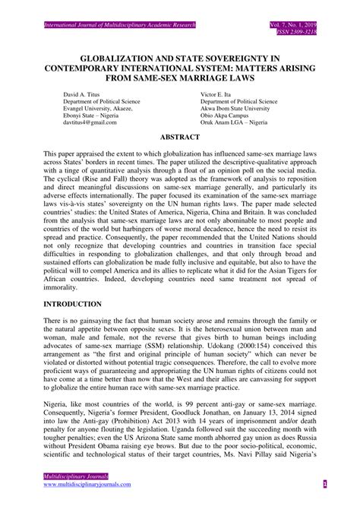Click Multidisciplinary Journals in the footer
[x=68, y=476]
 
